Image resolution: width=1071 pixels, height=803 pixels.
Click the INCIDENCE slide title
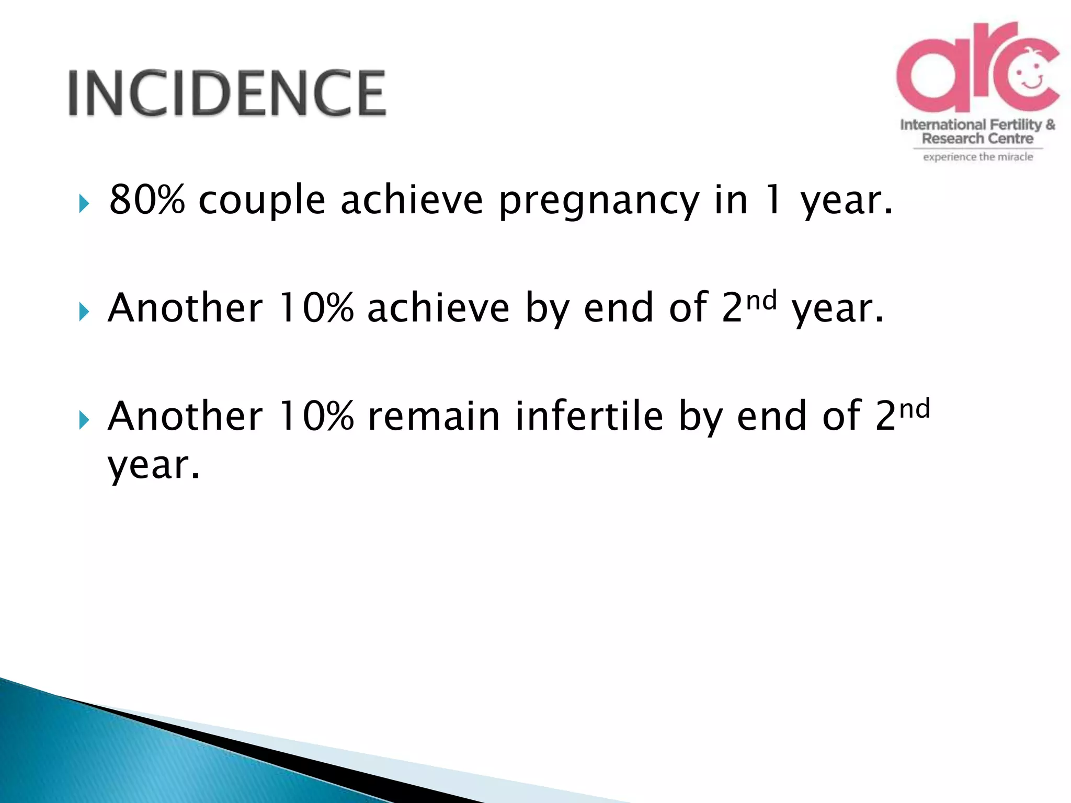pyautogui.click(x=227, y=93)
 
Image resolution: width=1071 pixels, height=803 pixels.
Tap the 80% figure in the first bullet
pyautogui.click(x=147, y=200)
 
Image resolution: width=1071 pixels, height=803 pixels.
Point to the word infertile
pyautogui.click(x=589, y=416)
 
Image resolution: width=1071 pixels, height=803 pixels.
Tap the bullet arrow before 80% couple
pyautogui.click(x=84, y=203)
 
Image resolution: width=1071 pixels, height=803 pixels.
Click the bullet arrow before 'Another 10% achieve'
pyautogui.click(x=84, y=312)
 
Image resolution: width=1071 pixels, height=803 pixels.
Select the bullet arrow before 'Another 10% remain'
pyautogui.click(x=84, y=420)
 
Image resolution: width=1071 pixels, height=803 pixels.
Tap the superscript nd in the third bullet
pyautogui.click(x=915, y=408)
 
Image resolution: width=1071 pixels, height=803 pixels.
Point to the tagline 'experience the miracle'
pyautogui.click(x=977, y=157)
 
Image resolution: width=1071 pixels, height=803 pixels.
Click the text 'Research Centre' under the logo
pyautogui.click(x=977, y=139)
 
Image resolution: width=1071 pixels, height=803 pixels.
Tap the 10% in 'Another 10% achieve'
pyautogui.click(x=316, y=308)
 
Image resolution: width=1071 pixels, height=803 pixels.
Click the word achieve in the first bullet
pyautogui.click(x=412, y=200)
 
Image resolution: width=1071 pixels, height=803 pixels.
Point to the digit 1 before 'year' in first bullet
pyautogui.click(x=773, y=200)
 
